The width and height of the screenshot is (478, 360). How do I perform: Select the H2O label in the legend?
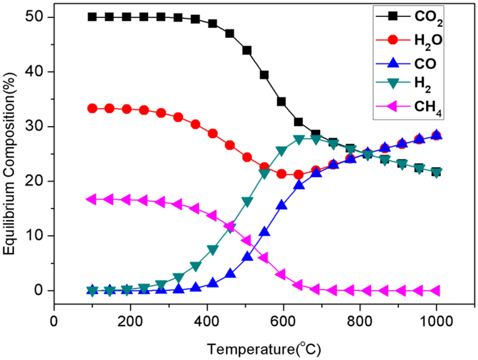pos(428,41)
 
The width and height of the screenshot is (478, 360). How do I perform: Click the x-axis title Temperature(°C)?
pos(264,348)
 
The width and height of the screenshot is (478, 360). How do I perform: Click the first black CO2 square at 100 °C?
pos(92,17)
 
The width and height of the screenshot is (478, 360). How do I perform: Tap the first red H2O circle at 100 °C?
pos(92,108)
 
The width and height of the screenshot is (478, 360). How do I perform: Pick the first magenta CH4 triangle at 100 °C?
pos(91,199)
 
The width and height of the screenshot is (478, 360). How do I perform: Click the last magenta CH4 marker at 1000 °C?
pos(435,291)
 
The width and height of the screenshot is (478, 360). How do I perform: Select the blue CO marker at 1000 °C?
pos(436,135)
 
